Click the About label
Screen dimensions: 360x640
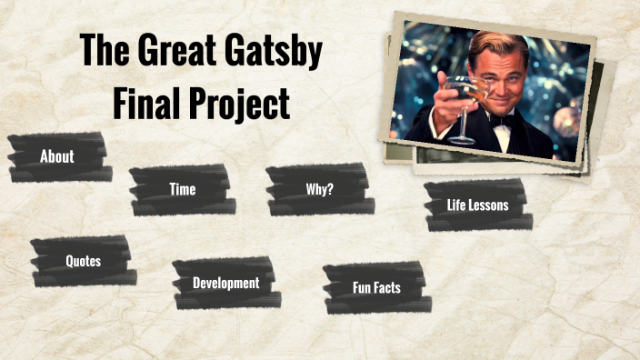click(56, 156)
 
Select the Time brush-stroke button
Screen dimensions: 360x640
click(182, 189)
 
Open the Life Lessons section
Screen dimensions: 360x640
click(477, 205)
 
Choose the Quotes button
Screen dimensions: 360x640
click(83, 261)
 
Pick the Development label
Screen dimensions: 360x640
click(225, 283)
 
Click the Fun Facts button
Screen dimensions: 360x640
click(376, 287)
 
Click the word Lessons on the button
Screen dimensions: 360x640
click(489, 205)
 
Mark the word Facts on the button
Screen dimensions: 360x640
click(386, 287)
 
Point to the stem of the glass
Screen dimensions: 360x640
click(461, 123)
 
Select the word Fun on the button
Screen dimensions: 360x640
click(362, 287)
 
